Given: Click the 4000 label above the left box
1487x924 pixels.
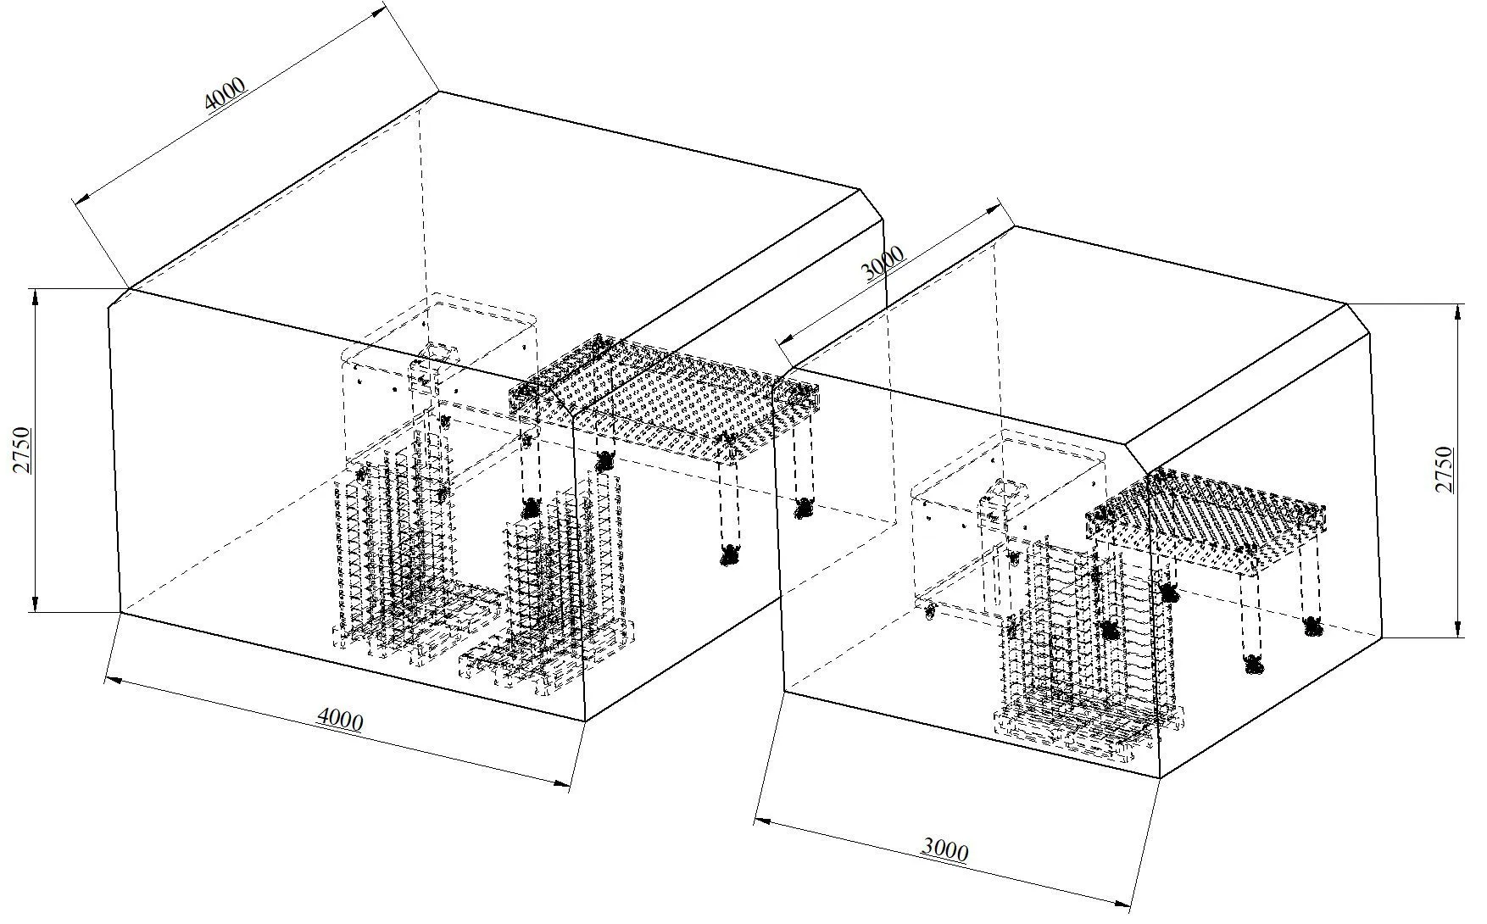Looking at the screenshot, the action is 226,93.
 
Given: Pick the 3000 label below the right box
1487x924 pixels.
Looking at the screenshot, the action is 944,849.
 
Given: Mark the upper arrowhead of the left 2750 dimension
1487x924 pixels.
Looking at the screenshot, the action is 35,297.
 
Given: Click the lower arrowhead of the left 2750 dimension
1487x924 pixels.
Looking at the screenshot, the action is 35,603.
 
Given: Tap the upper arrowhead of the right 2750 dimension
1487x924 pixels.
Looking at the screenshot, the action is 1457,312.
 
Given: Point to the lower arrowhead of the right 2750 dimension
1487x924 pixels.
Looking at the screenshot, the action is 1457,627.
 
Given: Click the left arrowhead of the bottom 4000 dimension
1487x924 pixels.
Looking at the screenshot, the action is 113,680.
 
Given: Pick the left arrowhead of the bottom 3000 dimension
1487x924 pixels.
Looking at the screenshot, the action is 763,821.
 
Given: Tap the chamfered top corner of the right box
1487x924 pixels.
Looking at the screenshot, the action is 1359,319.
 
